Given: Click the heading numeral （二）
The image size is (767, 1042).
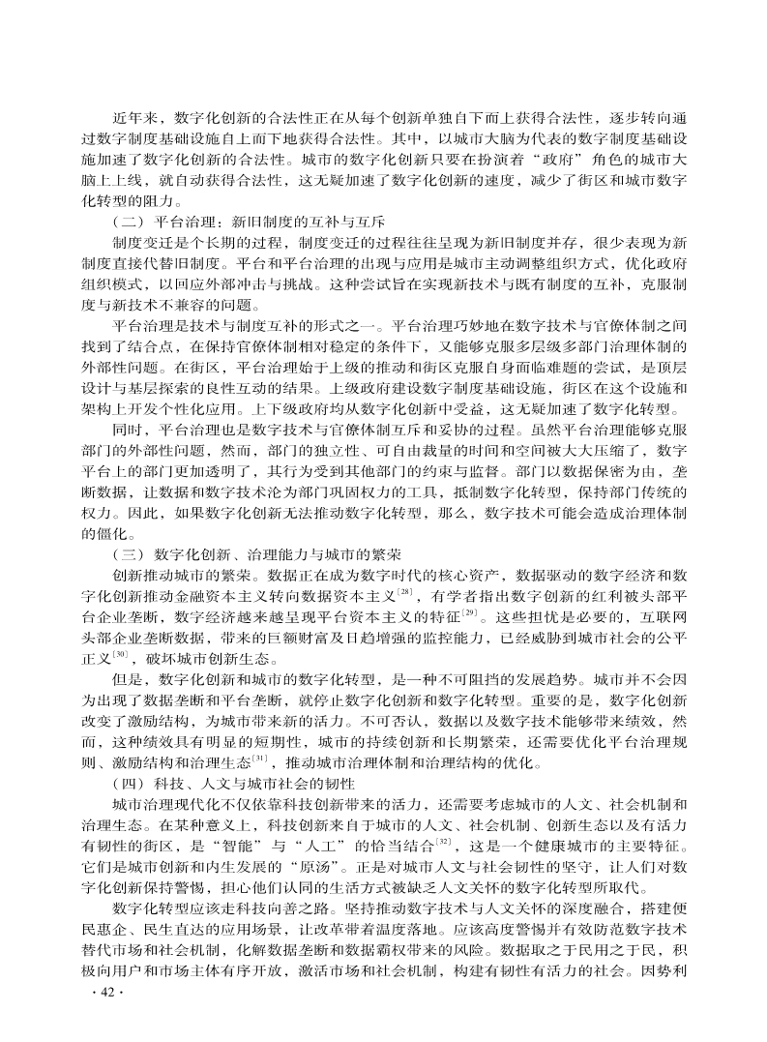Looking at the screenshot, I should (130, 220).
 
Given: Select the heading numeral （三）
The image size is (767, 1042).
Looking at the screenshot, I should (130, 555).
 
